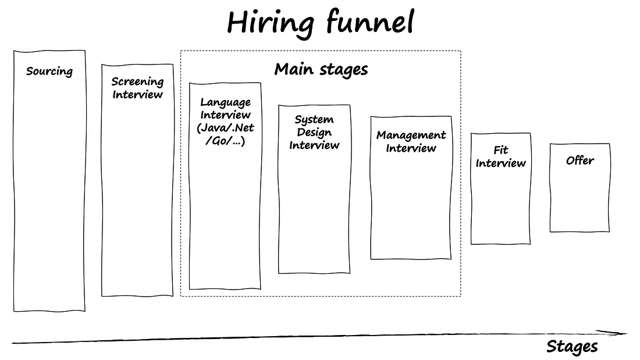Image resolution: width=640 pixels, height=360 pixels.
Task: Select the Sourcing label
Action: pos(49,72)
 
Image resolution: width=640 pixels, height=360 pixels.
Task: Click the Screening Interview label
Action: pos(138,88)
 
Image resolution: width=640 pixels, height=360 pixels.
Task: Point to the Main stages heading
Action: pos(321,70)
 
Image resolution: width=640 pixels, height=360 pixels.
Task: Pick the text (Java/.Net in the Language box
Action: pos(226,128)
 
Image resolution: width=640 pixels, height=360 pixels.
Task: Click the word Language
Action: pos(226,102)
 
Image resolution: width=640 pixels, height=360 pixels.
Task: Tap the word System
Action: pos(314,120)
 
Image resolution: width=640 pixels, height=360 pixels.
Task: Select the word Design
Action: pos(314,133)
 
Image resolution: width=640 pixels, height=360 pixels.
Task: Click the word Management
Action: pos(411,136)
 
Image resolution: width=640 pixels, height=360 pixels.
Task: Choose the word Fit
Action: pos(500,150)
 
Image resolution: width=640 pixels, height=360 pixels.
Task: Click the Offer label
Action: pos(580,161)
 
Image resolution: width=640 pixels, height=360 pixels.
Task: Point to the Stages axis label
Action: pos(572,347)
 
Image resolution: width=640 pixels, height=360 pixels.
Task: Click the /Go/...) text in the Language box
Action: pos(226,141)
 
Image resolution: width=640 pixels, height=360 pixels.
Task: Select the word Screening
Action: pos(138,81)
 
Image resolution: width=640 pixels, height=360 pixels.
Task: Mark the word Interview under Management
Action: pos(411,148)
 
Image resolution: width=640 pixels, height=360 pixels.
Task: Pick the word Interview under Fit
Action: pos(500,163)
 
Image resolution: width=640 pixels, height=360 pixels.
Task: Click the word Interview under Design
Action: pos(314,145)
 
